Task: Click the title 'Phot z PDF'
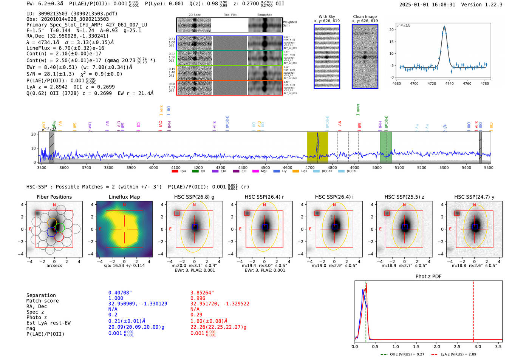pos(428,277)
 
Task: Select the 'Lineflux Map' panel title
pos(124,197)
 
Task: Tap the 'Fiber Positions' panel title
pos(54,197)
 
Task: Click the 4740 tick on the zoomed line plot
pos(449,83)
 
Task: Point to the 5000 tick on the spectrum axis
pos(377,168)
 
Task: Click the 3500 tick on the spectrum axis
pos(42,168)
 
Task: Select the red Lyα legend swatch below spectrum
pos(175,172)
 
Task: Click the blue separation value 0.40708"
pos(120,293)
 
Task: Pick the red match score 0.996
pos(198,298)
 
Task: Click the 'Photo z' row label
pos(37,317)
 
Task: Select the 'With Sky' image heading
pos(326,17)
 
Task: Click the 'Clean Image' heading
pos(365,17)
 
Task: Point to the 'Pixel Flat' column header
pos(230,15)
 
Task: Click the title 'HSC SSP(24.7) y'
pos(474,197)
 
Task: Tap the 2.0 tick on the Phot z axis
pos(436,346)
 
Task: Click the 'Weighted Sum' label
pos(289,24)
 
